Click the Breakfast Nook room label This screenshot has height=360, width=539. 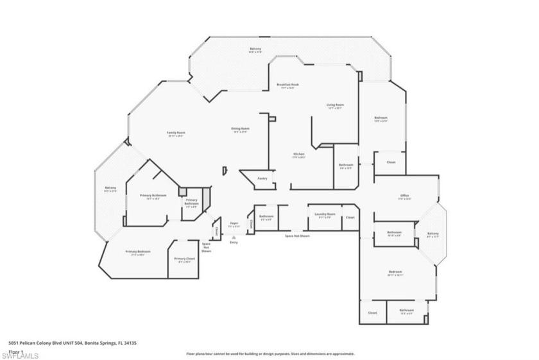(288, 85)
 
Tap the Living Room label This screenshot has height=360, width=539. (336, 105)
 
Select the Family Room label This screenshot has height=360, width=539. (176, 132)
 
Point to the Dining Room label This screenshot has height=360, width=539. (241, 128)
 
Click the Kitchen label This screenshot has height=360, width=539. (298, 154)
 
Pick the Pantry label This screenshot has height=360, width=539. (262, 178)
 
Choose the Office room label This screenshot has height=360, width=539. (404, 196)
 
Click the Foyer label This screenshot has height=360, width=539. (235, 223)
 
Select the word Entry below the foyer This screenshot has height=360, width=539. (234, 242)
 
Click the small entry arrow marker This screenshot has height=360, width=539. (234, 237)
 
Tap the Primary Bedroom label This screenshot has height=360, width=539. (138, 251)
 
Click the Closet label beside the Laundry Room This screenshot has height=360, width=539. (350, 217)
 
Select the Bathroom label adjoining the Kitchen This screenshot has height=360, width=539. (346, 165)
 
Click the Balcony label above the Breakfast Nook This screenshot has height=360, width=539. (255, 49)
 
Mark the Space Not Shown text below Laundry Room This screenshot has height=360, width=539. (297, 236)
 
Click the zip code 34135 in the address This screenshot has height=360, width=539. (128, 343)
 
